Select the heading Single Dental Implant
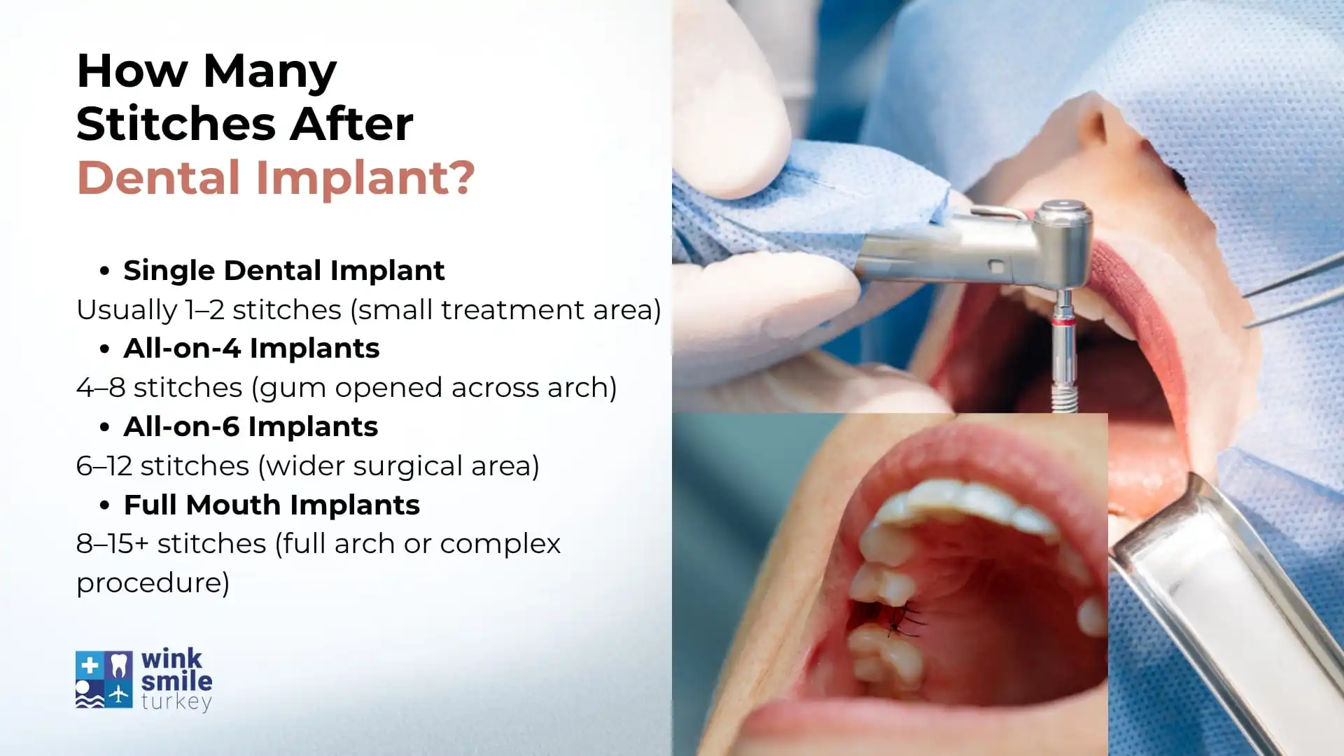click(283, 271)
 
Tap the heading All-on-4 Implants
click(251, 349)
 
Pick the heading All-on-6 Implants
click(251, 427)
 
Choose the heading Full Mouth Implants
click(272, 505)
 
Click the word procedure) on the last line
click(153, 583)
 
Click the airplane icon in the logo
click(119, 694)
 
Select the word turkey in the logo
click(176, 702)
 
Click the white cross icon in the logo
click(90, 666)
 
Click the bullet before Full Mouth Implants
click(104, 505)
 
